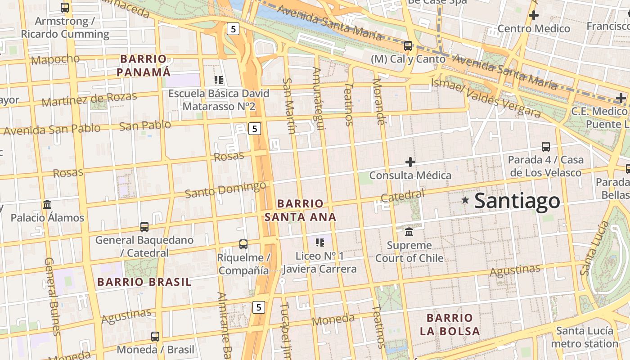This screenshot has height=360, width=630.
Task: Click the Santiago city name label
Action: (x=517, y=201)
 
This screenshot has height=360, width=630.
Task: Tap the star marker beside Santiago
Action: (x=465, y=199)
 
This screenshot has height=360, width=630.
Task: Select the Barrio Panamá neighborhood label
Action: (x=144, y=65)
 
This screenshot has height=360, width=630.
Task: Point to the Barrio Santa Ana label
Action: (x=300, y=210)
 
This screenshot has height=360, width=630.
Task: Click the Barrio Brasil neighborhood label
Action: (x=144, y=282)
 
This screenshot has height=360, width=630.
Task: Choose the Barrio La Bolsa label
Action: (x=450, y=324)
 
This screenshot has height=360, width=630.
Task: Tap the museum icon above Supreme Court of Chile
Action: (x=409, y=232)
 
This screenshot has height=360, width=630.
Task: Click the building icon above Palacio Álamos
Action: (x=47, y=205)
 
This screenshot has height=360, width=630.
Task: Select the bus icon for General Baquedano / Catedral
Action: (x=144, y=226)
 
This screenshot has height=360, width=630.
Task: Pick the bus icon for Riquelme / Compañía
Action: (x=243, y=244)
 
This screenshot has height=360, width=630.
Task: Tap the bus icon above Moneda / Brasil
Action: (x=155, y=336)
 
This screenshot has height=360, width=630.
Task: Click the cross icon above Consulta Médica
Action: (x=410, y=162)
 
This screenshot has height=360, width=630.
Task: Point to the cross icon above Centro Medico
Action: (x=534, y=15)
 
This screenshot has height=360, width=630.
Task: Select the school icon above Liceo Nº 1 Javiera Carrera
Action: (x=320, y=243)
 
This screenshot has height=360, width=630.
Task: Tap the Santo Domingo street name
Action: (x=225, y=189)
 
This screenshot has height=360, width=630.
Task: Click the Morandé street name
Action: (x=379, y=102)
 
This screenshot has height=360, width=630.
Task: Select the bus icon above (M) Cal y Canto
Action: (x=408, y=45)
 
